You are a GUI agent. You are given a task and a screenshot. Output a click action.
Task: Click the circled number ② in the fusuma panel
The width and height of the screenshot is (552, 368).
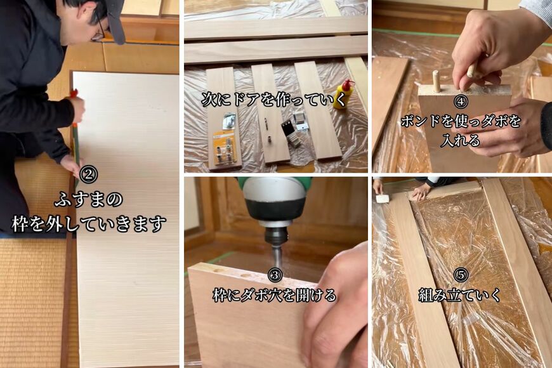pos(88,174)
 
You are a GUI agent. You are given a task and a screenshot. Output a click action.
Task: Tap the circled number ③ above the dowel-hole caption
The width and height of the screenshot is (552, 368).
pos(275,275)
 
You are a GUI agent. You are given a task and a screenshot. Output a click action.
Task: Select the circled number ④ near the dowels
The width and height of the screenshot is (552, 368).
pos(461,102)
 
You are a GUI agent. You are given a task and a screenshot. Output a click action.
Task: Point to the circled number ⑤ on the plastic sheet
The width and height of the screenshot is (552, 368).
pos(461,275)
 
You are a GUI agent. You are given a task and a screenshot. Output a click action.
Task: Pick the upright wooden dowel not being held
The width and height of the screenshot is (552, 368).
pos(436,79)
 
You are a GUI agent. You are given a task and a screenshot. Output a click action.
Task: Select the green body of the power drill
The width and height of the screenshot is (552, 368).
pos(275,183)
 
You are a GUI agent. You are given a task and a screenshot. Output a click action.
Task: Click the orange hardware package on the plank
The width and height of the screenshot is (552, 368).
pos(225,148)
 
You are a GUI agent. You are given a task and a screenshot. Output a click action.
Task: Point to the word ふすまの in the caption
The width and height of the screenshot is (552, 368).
pos(88,200)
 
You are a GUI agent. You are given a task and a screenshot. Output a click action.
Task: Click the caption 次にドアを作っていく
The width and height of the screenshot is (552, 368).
pos(274,100)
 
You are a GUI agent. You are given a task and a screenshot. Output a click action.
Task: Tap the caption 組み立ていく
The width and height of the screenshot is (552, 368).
pos(460,295)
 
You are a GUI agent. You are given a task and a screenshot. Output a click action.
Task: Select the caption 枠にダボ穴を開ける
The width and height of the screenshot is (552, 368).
pos(275,295)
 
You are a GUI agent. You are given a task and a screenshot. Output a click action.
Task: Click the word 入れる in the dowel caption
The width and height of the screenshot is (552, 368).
pos(461,141)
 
